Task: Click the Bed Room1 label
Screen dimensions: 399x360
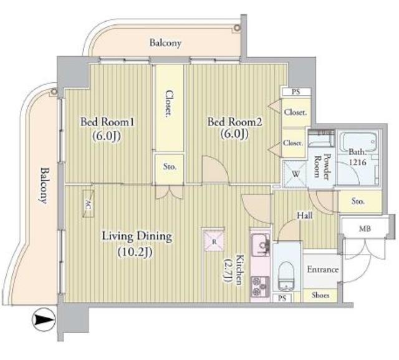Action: click(107, 122)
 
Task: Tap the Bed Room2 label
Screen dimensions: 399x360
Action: click(234, 122)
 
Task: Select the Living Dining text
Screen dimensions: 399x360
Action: click(137, 236)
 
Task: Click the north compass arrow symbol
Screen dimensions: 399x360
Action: click(44, 319)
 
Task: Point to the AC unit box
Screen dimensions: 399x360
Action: click(89, 203)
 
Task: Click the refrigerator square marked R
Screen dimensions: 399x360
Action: click(214, 241)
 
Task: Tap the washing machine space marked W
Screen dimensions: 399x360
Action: click(295, 175)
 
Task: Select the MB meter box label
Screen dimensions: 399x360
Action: click(365, 228)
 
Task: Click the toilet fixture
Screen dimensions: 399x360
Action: click(287, 276)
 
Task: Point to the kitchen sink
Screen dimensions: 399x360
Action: click(261, 245)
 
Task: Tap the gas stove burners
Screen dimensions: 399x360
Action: click(261, 286)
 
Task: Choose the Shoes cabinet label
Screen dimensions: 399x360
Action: click(320, 295)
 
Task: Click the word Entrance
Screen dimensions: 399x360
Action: click(323, 270)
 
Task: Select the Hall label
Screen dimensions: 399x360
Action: click(305, 216)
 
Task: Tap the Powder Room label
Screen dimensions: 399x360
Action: click(322, 166)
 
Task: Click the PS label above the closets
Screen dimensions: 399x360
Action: click(296, 92)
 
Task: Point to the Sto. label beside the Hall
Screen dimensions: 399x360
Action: click(358, 202)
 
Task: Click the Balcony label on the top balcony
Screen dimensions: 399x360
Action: click(165, 43)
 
